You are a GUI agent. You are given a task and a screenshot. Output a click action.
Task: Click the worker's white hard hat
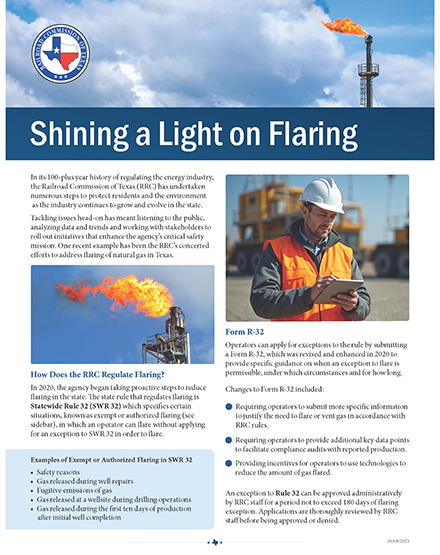point(323,194)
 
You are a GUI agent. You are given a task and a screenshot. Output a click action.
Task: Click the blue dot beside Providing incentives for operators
point(231,451)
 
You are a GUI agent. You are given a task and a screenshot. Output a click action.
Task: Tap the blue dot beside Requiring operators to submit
point(231,407)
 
